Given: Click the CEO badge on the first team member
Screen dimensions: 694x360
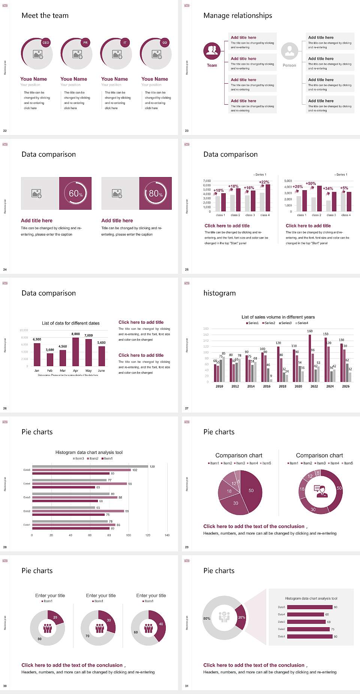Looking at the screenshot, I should tap(46, 42).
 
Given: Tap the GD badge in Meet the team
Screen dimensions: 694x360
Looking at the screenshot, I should tap(165, 42).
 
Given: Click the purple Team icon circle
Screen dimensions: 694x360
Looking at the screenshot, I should tap(212, 51).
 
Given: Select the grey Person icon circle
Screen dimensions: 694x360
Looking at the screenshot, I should tap(289, 51).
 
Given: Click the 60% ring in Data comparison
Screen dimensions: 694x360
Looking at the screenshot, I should tap(76, 193).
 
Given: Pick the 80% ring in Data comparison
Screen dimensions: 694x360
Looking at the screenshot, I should tap(156, 193).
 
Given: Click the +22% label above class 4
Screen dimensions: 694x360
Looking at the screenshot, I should tap(264, 182).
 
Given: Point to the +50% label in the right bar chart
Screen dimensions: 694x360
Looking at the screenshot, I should tap(310, 183).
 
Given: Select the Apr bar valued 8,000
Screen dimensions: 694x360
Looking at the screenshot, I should tap(76, 352).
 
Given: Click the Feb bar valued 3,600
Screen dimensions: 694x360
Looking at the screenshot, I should tap(50, 359).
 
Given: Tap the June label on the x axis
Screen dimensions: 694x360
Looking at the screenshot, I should tap(101, 371).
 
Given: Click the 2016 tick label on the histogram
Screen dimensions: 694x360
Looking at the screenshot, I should tap(267, 386).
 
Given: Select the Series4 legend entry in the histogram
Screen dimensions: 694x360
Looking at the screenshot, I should tap(302, 323).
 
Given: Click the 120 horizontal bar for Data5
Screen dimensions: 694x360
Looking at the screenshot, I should tap(90, 466).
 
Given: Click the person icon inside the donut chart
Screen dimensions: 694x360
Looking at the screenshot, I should tap(321, 491).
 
